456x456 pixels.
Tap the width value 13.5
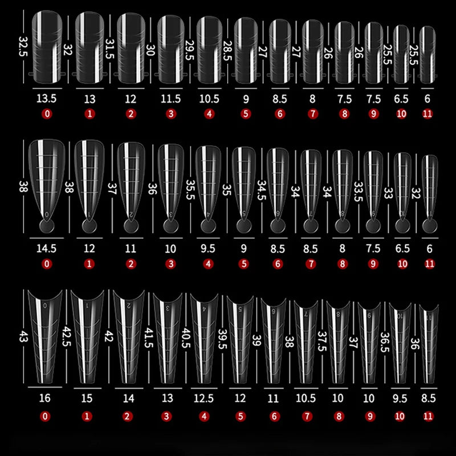(47, 99)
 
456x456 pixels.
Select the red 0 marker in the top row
(47, 113)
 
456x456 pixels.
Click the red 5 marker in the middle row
(246, 264)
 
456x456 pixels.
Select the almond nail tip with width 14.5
(47, 177)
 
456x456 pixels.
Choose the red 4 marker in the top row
(209, 113)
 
